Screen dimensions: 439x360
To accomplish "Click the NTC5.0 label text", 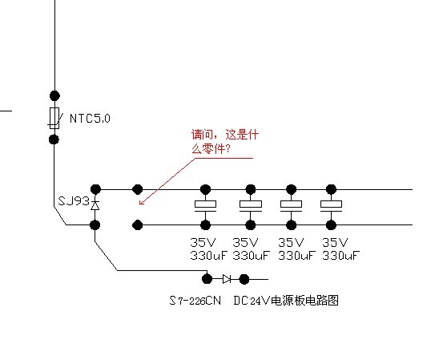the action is pyautogui.click(x=90, y=118).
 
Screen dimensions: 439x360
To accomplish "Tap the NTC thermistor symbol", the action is pyautogui.click(x=54, y=118).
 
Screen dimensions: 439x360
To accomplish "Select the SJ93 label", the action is pyautogui.click(x=74, y=201).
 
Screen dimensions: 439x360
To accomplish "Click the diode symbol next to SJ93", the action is pyautogui.click(x=95, y=205).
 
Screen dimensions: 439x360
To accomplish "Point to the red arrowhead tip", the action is pyautogui.click(x=139, y=204).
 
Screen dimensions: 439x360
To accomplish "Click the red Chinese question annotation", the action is pyautogui.click(x=225, y=141).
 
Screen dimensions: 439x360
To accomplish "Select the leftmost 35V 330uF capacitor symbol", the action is pyautogui.click(x=206, y=206).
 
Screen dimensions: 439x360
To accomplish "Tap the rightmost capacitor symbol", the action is pyautogui.click(x=331, y=206).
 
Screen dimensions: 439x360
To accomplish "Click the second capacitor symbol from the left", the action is pyautogui.click(x=251, y=206).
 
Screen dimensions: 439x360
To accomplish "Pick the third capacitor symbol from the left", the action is pyautogui.click(x=291, y=206).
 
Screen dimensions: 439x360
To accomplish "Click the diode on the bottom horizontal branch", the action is pyautogui.click(x=227, y=279).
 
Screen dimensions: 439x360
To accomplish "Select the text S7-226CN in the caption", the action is pyautogui.click(x=195, y=301).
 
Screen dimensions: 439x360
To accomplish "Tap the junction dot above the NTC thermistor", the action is pyautogui.click(x=54, y=96).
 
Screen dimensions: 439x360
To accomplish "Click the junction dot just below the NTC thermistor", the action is pyautogui.click(x=54, y=140).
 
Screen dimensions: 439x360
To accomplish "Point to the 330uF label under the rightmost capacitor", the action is pyautogui.click(x=340, y=256).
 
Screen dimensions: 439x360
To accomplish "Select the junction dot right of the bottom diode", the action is pyautogui.click(x=244, y=279).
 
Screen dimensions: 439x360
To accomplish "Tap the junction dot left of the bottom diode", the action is pyautogui.click(x=207, y=279).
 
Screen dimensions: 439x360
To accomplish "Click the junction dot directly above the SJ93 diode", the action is pyautogui.click(x=95, y=189).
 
